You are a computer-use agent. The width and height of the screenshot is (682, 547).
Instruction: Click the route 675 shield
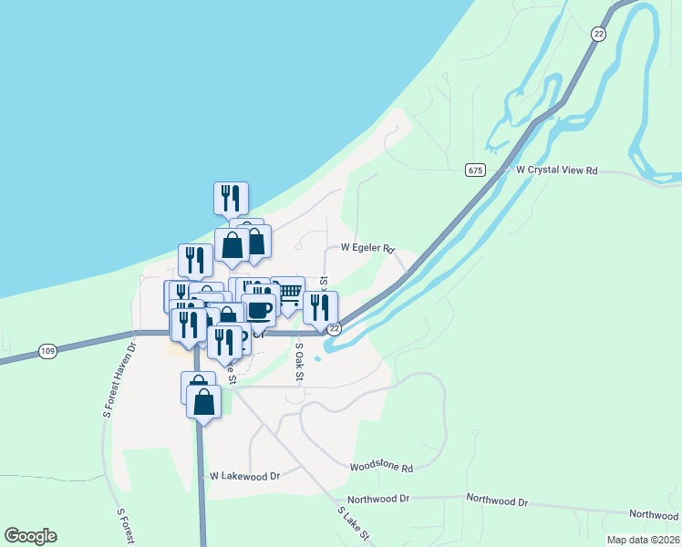(x=474, y=170)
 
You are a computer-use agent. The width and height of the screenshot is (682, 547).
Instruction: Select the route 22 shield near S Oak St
(x=335, y=328)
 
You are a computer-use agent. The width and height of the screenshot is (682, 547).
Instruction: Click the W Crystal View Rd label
(x=556, y=170)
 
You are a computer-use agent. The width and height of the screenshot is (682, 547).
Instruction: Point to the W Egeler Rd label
(x=367, y=247)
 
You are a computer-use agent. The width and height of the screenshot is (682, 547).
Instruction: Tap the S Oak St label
(x=298, y=361)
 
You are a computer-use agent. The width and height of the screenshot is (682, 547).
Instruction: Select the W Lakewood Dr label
(x=243, y=476)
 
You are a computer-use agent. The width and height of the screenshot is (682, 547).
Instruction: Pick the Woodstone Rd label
(x=381, y=468)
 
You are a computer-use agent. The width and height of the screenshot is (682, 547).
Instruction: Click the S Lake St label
(x=352, y=525)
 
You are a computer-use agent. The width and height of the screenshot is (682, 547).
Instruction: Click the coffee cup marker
(x=258, y=309)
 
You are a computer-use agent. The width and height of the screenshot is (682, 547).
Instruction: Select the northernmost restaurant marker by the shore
(x=231, y=198)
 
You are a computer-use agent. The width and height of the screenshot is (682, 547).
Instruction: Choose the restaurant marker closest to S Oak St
(x=320, y=307)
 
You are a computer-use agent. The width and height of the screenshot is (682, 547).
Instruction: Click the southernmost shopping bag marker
(x=203, y=401)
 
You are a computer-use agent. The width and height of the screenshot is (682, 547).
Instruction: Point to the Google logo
(x=30, y=536)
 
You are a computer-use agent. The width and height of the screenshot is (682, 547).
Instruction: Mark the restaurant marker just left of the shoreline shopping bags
(x=195, y=261)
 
